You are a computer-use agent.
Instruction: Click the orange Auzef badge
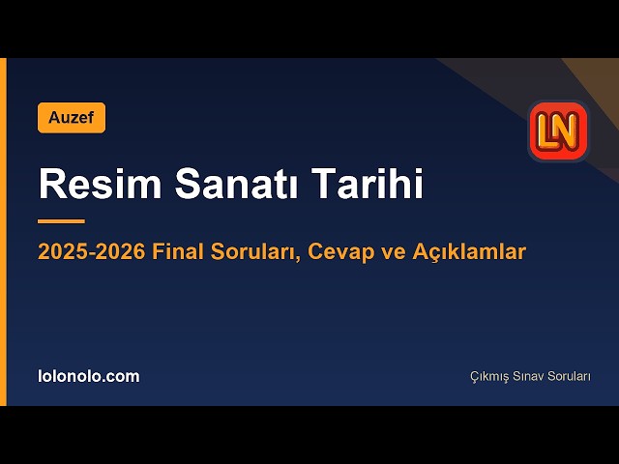click(72, 118)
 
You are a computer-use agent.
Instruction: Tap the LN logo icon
click(559, 130)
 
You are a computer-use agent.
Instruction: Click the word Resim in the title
click(100, 184)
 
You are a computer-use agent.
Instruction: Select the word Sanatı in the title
click(236, 184)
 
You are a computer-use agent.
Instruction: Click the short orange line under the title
click(62, 221)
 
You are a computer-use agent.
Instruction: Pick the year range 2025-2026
click(92, 251)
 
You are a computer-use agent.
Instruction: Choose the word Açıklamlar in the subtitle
click(469, 252)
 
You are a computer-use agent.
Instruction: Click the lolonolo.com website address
click(89, 376)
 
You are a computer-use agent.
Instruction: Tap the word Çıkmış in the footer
click(489, 377)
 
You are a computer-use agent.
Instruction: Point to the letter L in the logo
click(547, 131)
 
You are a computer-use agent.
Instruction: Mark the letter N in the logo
click(568, 130)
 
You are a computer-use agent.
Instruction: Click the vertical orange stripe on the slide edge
click(3, 232)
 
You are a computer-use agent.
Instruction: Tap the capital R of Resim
click(50, 184)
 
